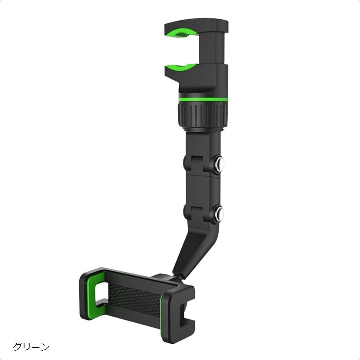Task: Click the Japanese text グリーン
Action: coord(31,347)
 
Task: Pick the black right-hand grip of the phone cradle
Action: coord(180,307)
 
